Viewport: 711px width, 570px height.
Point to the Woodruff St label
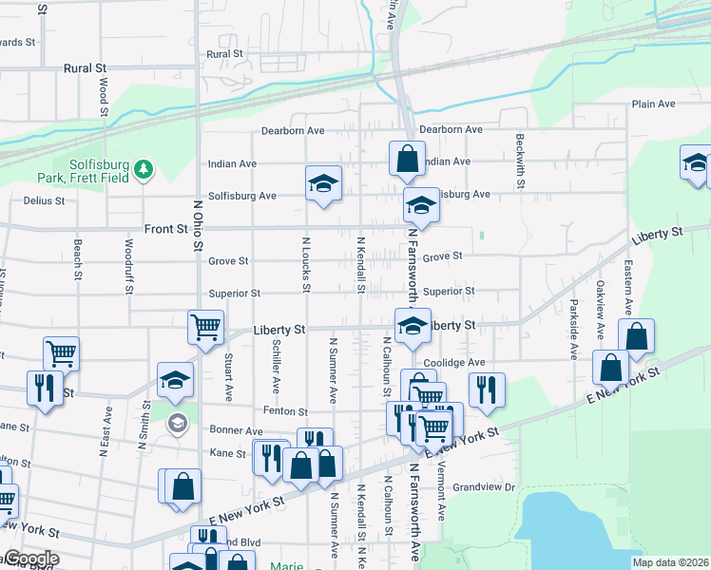pyautogui.click(x=128, y=256)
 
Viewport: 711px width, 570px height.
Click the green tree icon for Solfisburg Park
pyautogui.click(x=144, y=169)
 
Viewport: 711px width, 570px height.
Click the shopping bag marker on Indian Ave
pyautogui.click(x=407, y=160)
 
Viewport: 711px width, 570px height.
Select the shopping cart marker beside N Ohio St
pyautogui.click(x=206, y=328)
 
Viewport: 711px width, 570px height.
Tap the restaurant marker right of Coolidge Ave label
pyautogui.click(x=487, y=389)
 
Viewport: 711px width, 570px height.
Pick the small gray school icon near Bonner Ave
pyautogui.click(x=177, y=422)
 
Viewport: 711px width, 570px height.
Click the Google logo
pyautogui.click(x=30, y=560)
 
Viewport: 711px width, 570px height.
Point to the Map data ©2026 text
pyautogui.click(x=671, y=562)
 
